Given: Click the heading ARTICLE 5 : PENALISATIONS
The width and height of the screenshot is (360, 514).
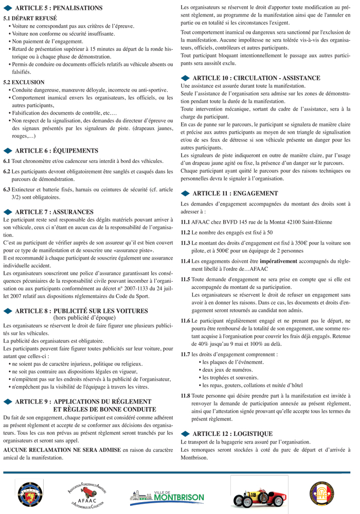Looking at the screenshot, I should [x=59, y=8].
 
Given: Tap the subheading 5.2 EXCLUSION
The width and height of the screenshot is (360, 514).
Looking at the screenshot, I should [x=24, y=82].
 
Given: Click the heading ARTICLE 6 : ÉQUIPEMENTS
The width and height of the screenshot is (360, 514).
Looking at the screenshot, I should [x=57, y=151].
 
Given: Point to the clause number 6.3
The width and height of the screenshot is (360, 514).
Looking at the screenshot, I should [x=7, y=190].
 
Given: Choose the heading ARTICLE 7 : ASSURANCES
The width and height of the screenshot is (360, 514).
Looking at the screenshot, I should [x=55, y=212].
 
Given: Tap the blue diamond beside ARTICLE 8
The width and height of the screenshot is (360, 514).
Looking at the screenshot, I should [x=8, y=311].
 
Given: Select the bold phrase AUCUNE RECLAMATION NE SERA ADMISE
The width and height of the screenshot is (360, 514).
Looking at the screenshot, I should [x=62, y=450].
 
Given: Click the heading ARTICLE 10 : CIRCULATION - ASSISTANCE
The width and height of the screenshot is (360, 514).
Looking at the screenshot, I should [x=256, y=78].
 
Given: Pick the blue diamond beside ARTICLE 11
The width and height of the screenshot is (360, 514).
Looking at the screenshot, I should [x=186, y=194].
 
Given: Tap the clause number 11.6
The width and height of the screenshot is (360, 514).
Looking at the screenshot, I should [x=185, y=321].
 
